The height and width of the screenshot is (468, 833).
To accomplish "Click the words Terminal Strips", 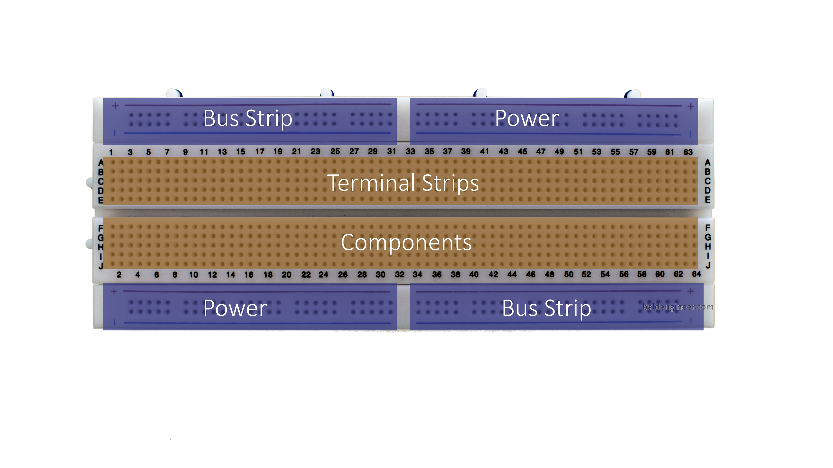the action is (403, 183).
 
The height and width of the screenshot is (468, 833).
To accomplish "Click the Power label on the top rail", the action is (527, 118).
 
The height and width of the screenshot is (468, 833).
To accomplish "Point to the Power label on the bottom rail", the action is (235, 308).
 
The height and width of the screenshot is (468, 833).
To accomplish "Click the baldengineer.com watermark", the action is (678, 307).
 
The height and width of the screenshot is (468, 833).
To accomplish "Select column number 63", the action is (688, 152).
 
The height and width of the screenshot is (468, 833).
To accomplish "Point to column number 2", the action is (119, 275).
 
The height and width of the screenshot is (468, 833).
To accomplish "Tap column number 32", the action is (400, 275).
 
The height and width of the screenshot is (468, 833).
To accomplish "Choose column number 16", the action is (249, 275).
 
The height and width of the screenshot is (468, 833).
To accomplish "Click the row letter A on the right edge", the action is (708, 162).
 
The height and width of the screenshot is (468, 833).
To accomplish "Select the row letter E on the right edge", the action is (708, 200).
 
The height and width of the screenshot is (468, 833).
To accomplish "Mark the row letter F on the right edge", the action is (708, 227).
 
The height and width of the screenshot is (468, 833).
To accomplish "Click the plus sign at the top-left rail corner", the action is (115, 106).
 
